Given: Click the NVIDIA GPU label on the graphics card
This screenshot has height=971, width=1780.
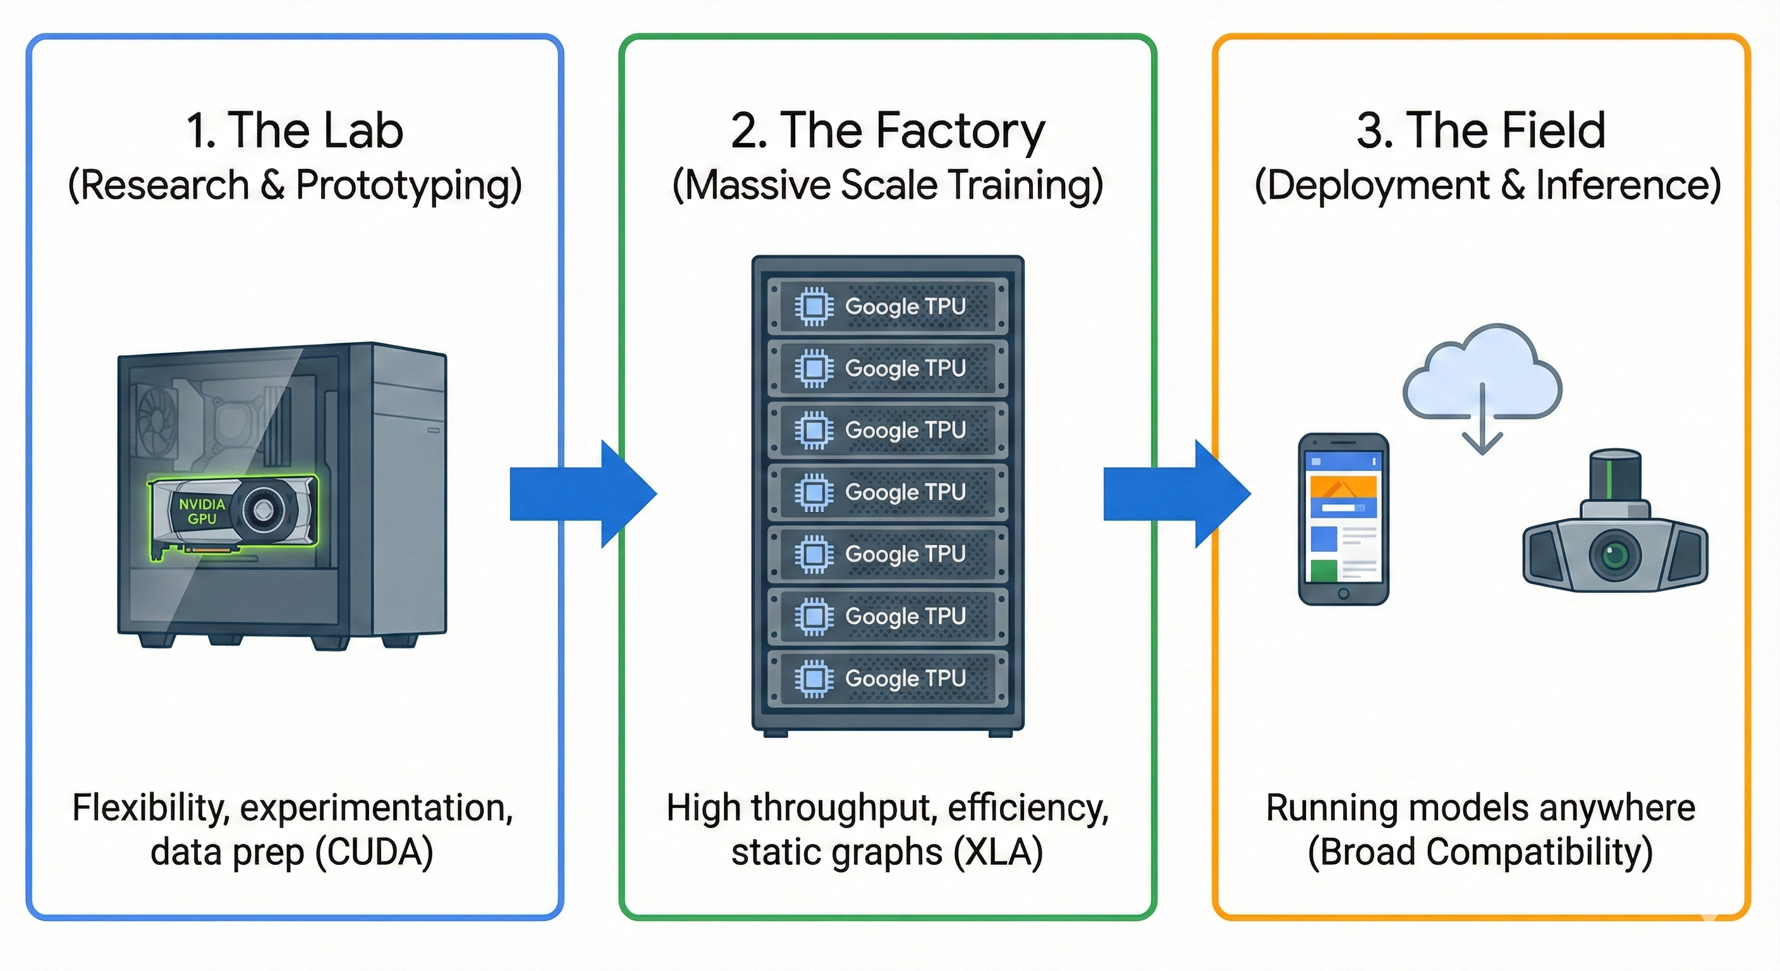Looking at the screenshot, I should tap(202, 511).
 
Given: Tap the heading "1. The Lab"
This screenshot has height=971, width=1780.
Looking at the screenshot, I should tap(295, 131).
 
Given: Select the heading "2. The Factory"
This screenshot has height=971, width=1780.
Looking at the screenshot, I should tap(888, 131).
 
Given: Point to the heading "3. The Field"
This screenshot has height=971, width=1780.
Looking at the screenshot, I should tap(1481, 131).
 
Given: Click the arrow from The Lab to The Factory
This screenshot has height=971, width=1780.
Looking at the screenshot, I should tap(583, 494).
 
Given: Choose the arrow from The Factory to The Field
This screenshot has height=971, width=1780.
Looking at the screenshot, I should tap(1176, 494).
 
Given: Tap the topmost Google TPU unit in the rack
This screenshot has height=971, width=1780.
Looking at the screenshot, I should tap(888, 306).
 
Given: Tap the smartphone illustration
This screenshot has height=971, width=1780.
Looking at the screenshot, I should tap(1343, 518).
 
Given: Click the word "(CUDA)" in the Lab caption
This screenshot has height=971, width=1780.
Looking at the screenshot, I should tap(374, 852).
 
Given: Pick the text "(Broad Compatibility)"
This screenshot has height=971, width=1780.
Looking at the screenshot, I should tap(1480, 852).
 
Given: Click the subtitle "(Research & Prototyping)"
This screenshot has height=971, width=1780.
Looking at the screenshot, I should tap(295, 185).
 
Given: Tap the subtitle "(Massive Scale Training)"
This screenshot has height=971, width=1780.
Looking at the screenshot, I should tap(888, 185).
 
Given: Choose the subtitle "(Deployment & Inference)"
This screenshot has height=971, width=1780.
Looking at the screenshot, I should tap(1487, 185).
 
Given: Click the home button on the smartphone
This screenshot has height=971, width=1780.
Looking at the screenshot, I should tap(1343, 594).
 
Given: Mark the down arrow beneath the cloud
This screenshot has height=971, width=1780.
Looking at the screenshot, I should tap(1482, 425).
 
